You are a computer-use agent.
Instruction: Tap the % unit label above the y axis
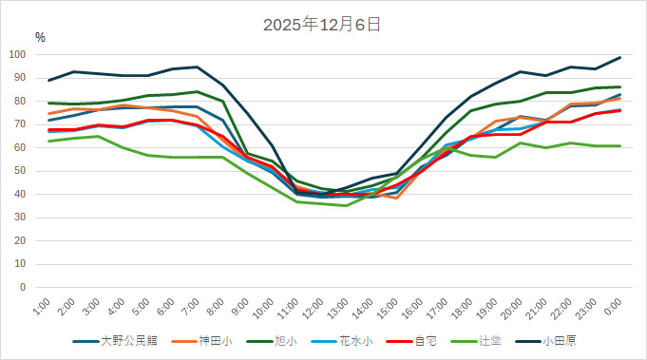click(x=40, y=37)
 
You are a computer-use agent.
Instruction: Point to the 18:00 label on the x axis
click(x=464, y=309)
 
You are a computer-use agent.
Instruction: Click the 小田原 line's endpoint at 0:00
click(x=620, y=57)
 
